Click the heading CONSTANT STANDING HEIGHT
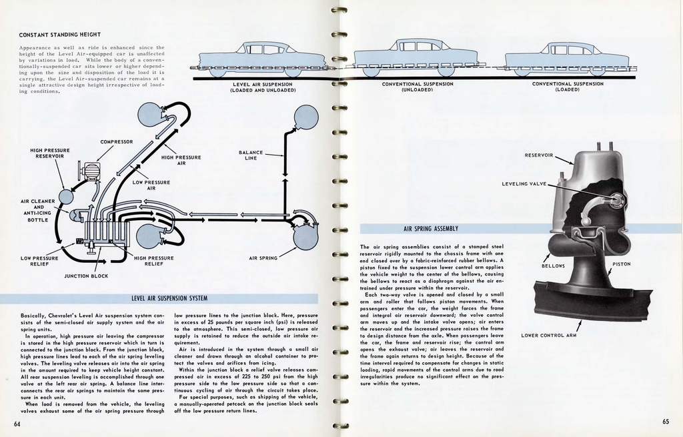tap(59, 35)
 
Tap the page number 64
tap(17, 424)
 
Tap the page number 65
tap(666, 421)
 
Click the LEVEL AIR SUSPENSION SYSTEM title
tap(169, 298)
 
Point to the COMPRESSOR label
tap(117, 141)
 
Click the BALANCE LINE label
tap(251, 155)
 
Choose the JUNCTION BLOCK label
tap(86, 276)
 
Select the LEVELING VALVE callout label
tap(524, 183)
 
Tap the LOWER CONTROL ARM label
tap(549, 335)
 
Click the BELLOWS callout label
tap(553, 266)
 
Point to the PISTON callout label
tap(621, 264)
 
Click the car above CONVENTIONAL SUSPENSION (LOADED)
tap(567, 59)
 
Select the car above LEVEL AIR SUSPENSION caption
tap(261, 59)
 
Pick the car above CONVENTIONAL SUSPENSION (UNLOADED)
tap(416, 57)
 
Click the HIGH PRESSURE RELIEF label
tap(153, 261)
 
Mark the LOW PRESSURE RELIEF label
tap(39, 261)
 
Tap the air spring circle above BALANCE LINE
tap(306, 117)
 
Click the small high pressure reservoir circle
tap(66, 197)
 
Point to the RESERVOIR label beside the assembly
tap(539, 155)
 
